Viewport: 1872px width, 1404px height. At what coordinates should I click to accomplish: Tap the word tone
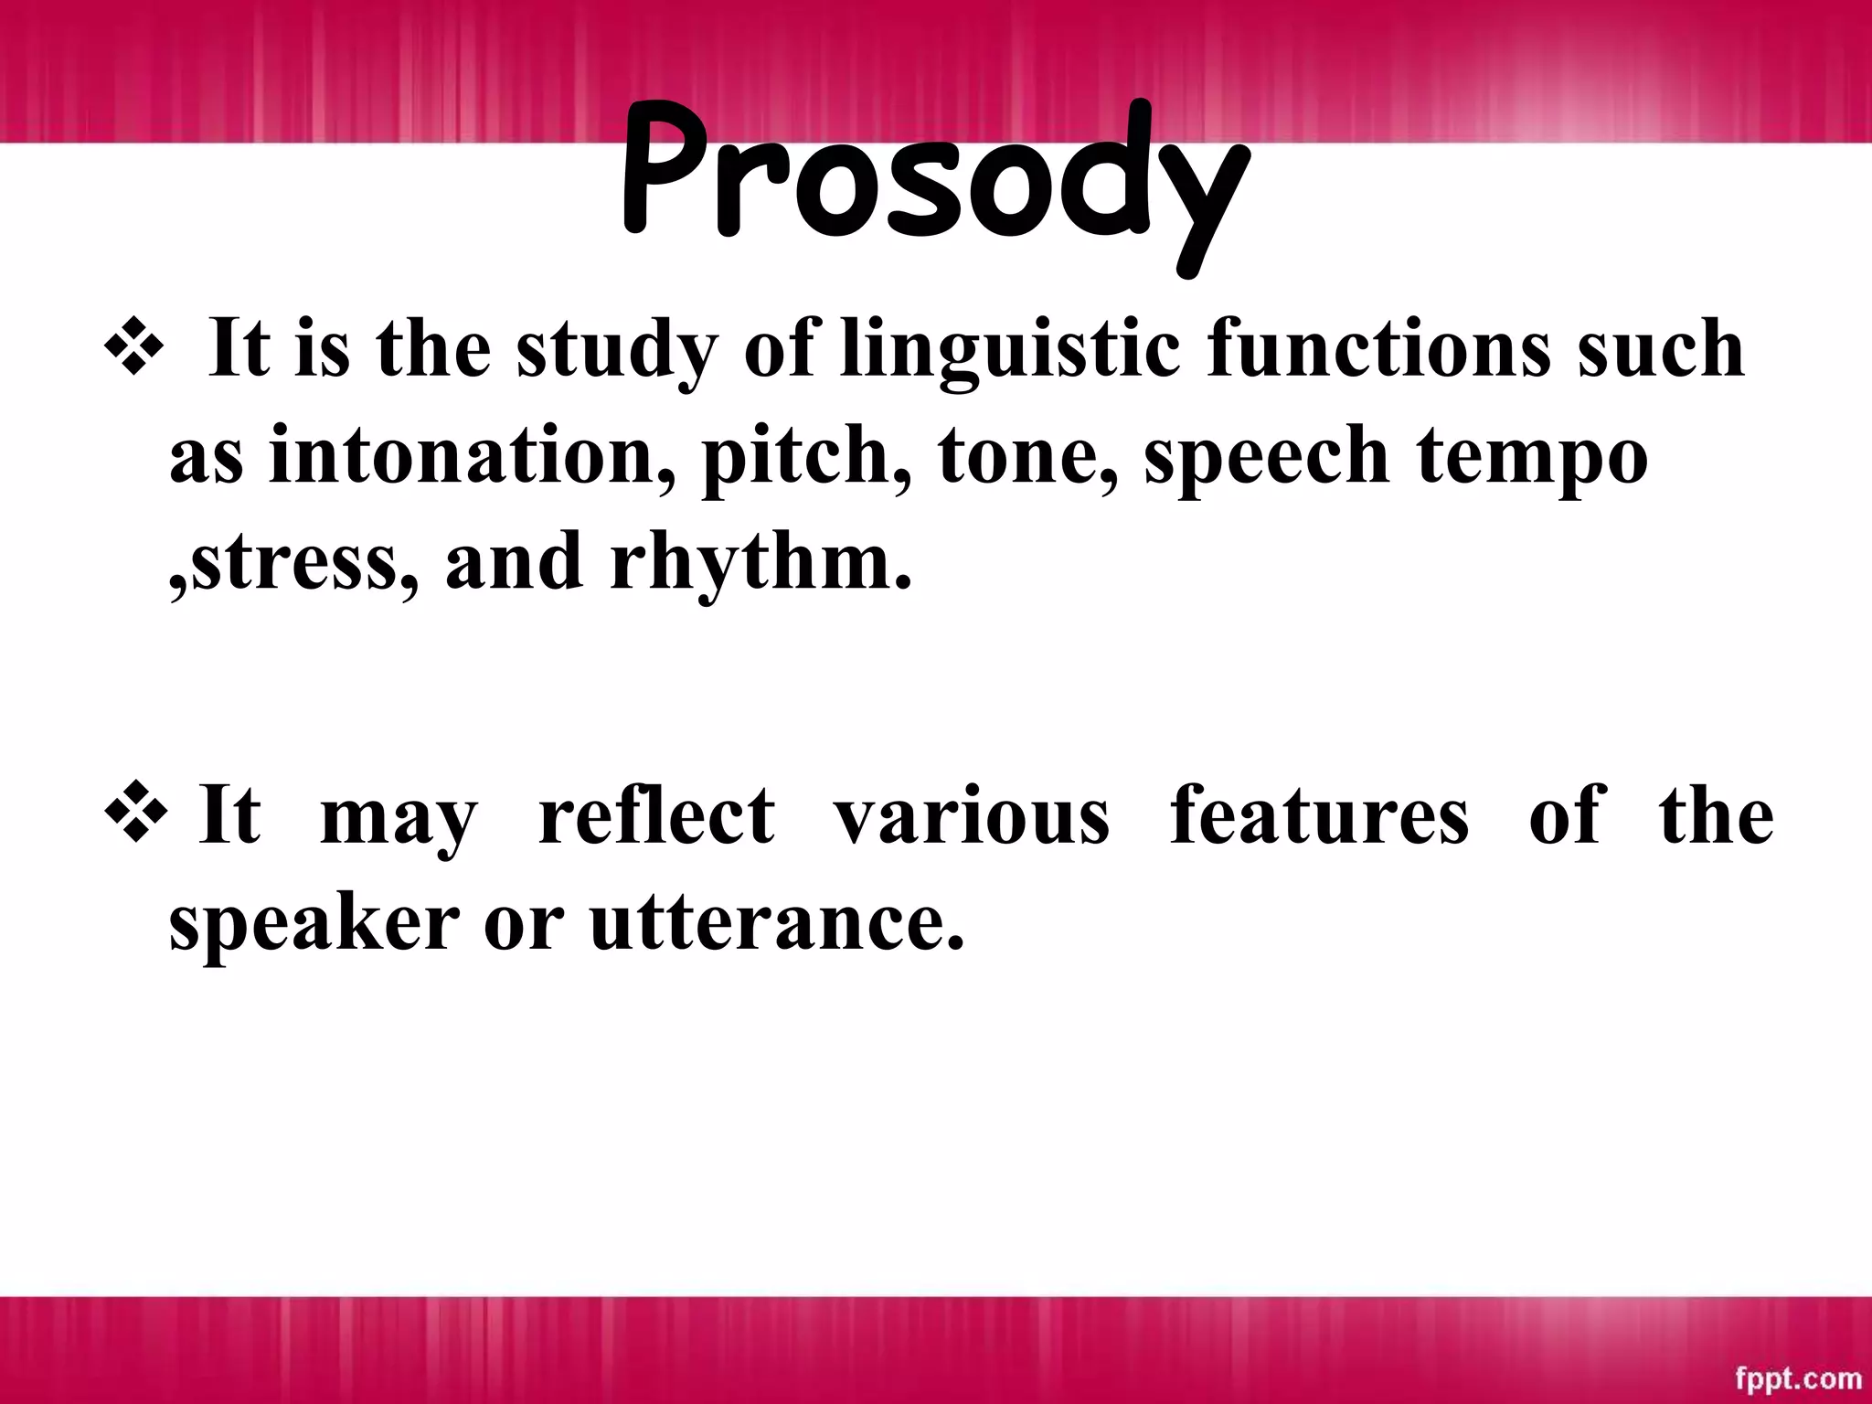pyautogui.click(x=1026, y=457)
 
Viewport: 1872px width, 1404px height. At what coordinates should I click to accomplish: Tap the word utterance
pyautogui.click(x=776, y=923)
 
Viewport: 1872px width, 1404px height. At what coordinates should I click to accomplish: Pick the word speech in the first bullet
pyautogui.click(x=1266, y=458)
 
